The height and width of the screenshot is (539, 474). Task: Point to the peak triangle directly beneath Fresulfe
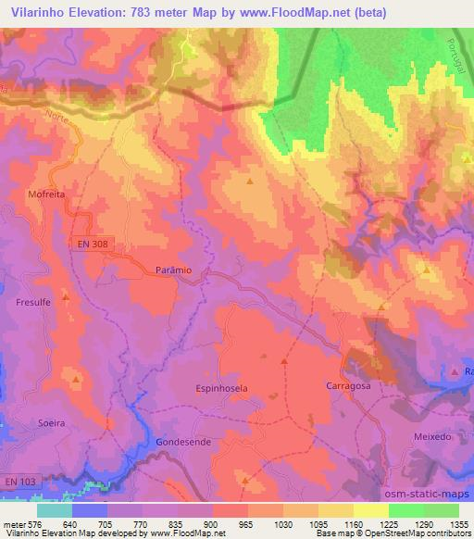tap(66, 296)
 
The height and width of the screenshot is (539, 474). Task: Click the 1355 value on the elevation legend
tap(458, 525)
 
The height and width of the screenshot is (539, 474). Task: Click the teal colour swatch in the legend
tap(55, 510)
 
